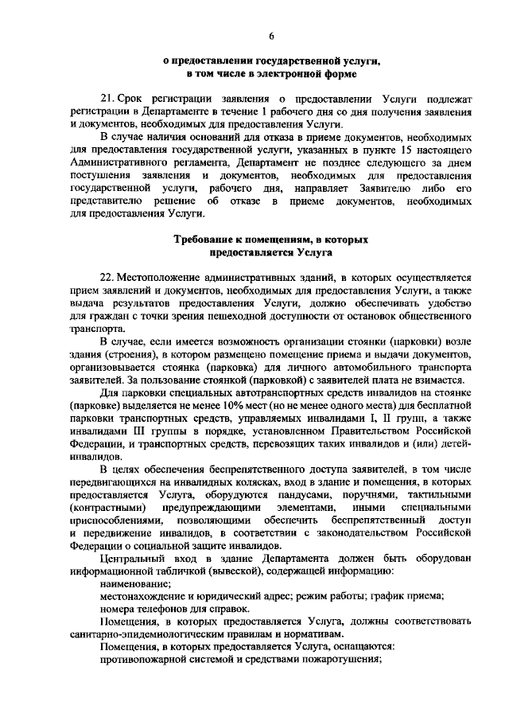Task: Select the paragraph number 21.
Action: coord(107,97)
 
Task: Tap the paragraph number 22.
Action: coord(107,277)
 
